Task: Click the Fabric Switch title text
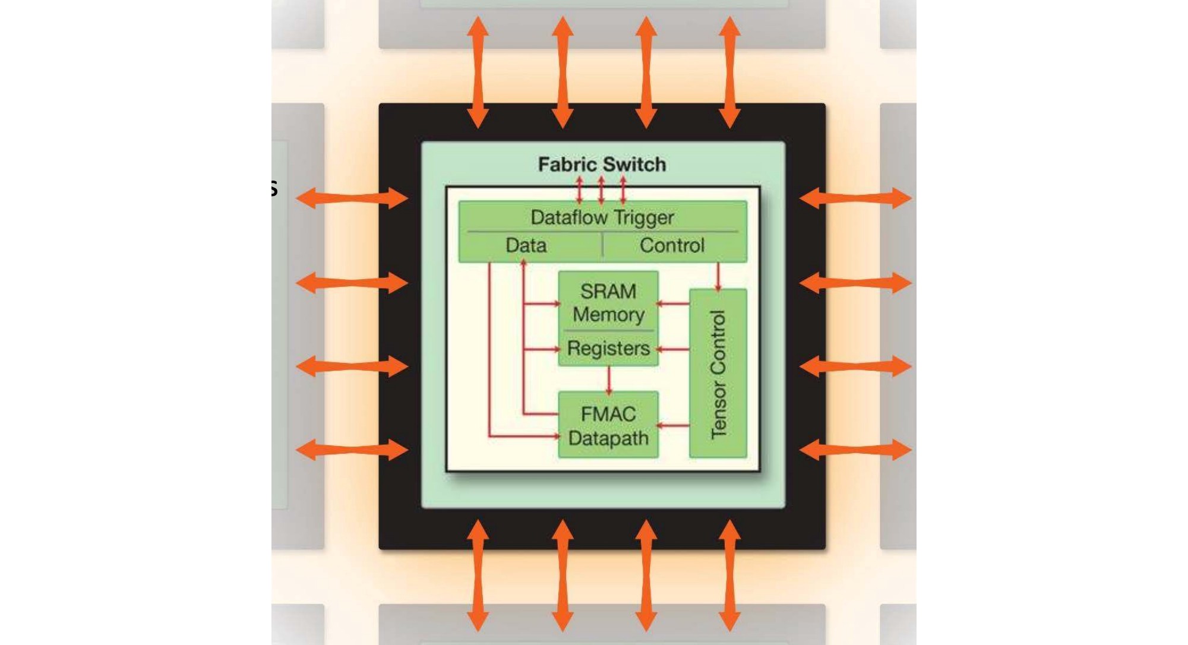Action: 602,165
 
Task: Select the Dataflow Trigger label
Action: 602,217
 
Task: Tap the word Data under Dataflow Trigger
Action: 526,245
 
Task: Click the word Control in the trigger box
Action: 672,245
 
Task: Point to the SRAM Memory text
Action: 608,302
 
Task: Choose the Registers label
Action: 608,348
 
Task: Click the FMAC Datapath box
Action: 608,425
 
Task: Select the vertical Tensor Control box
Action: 718,374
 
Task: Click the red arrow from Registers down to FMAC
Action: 608,380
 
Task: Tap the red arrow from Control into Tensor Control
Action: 718,276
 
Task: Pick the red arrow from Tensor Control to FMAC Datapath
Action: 674,425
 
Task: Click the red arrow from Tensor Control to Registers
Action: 674,349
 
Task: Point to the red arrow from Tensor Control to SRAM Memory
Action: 674,304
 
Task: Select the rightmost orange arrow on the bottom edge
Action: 729,575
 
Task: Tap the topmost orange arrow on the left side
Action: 352,198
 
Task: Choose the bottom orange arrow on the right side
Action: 855,450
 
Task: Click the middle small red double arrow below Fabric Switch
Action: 601,191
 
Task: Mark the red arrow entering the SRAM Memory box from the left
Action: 542,304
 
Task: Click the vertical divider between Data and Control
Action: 602,245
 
